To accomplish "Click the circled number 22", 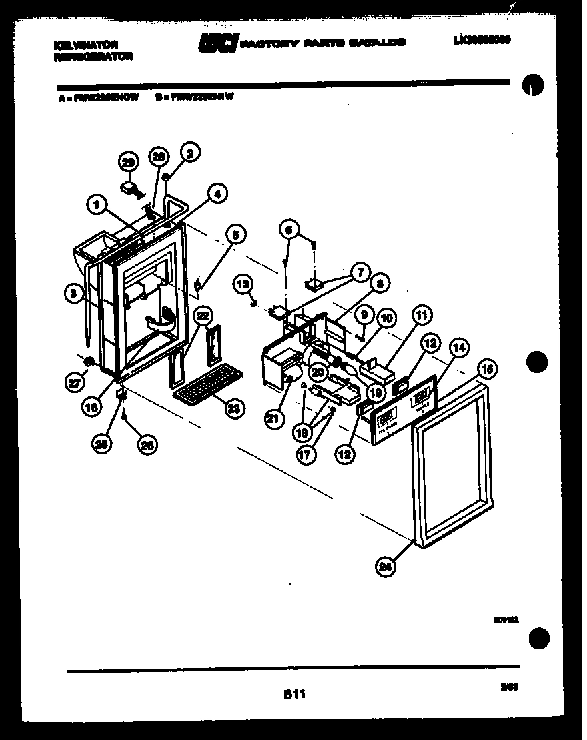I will [x=204, y=315].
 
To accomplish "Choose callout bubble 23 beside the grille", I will [x=233, y=409].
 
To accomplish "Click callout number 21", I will [x=272, y=418].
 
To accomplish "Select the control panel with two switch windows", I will [x=400, y=414].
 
